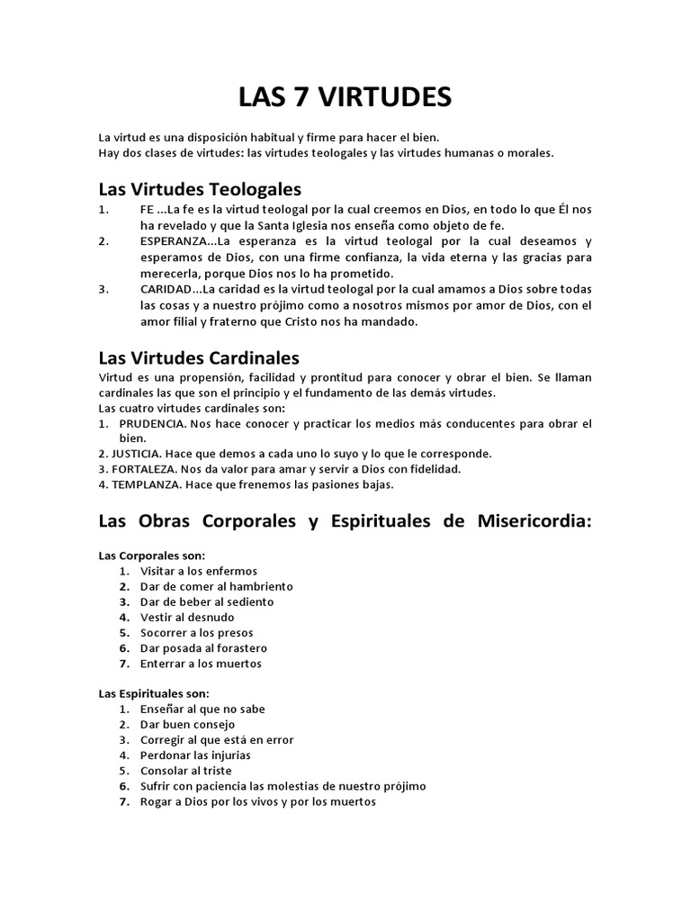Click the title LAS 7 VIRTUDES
pos(345,96)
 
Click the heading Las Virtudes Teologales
pos(200,189)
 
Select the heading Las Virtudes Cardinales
pos(199,358)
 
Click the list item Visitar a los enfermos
pos(199,571)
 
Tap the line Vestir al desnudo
pos(187,617)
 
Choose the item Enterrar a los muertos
pos(201,664)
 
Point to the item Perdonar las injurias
pos(195,755)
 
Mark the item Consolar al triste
pos(186,771)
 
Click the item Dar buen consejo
pos(187,724)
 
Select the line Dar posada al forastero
pos(203,648)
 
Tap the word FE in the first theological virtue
pos(148,210)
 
